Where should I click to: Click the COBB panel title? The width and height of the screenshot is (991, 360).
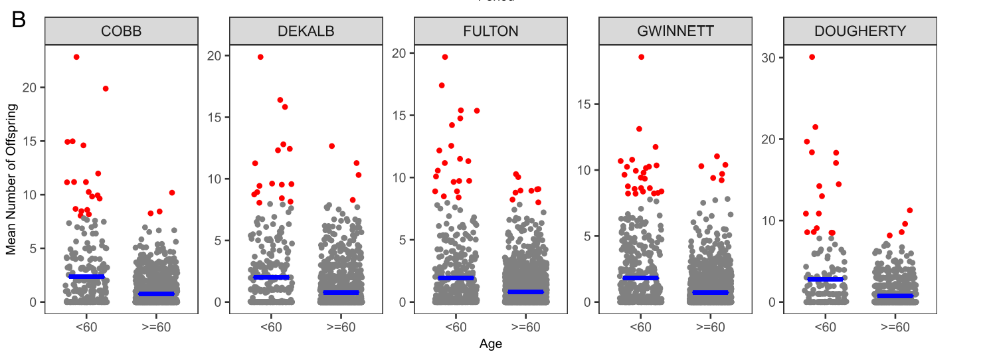pyautogui.click(x=121, y=31)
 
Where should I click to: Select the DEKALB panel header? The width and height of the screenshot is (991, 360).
pyautogui.click(x=306, y=31)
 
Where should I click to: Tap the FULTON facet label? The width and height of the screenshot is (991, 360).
pyautogui.click(x=490, y=31)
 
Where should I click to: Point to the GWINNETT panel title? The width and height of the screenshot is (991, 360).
pyautogui.click(x=675, y=31)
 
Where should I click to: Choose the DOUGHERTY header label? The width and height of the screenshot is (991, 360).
pyautogui.click(x=859, y=31)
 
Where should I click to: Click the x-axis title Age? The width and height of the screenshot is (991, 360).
pyautogui.click(x=490, y=344)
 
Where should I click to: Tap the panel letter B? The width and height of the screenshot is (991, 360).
pyautogui.click(x=19, y=21)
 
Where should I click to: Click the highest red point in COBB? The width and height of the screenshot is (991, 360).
pyautogui.click(x=76, y=57)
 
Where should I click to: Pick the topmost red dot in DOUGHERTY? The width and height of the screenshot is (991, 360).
pyautogui.click(x=812, y=57)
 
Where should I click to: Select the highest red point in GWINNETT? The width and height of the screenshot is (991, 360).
pyautogui.click(x=641, y=57)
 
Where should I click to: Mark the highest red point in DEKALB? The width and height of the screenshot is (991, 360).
pyautogui.click(x=260, y=57)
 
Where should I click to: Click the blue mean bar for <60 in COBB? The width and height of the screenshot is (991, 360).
pyautogui.click(x=86, y=276)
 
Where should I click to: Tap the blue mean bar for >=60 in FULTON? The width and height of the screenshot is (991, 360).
pyautogui.click(x=525, y=292)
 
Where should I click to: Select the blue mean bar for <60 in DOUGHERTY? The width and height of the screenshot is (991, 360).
pyautogui.click(x=824, y=279)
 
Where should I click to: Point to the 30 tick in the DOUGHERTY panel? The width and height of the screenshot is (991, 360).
pyautogui.click(x=770, y=58)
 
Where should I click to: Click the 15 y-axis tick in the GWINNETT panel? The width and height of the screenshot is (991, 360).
pyautogui.click(x=586, y=104)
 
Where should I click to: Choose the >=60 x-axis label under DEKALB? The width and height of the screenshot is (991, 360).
pyautogui.click(x=341, y=327)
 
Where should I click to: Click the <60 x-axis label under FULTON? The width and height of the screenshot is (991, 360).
pyautogui.click(x=456, y=327)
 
